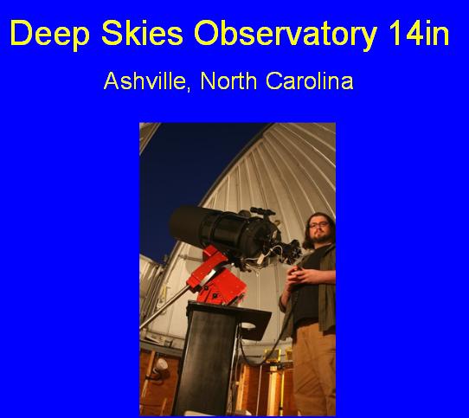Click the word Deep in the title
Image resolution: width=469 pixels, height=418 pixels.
[x=49, y=34]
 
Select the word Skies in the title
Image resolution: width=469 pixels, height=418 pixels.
[x=142, y=32]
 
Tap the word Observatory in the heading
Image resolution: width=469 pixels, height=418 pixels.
[x=285, y=34]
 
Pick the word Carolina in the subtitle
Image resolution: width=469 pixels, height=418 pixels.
[x=309, y=80]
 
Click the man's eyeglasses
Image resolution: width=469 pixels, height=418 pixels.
[x=319, y=225]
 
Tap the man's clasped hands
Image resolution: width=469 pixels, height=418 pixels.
[x=299, y=274]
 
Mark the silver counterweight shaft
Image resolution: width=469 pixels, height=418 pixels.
[x=164, y=307]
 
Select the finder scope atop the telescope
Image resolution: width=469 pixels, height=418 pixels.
[x=262, y=211]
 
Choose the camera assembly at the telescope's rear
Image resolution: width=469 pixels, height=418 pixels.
[x=289, y=252]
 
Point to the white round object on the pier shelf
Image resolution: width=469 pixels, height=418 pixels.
[x=248, y=325]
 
